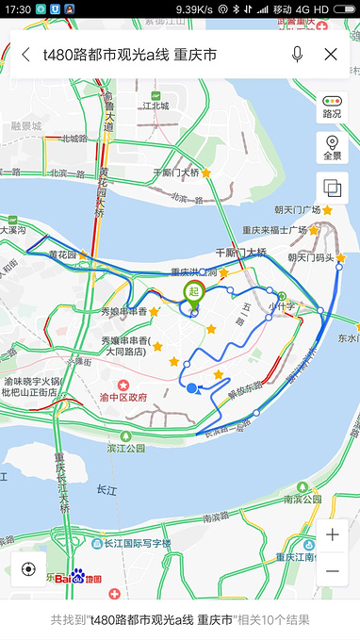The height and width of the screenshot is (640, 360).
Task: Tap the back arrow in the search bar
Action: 25,55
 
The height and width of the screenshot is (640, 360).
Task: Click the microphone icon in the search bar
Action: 298,55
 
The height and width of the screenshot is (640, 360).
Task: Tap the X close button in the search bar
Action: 331,55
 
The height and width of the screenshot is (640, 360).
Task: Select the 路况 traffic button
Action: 332,107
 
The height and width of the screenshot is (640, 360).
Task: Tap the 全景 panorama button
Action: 332,148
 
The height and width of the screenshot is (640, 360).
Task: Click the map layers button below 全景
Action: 332,188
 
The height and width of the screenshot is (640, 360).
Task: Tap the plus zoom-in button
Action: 332,535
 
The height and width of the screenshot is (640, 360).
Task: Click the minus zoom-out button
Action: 332,571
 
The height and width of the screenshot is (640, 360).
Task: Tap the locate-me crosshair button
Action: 28,568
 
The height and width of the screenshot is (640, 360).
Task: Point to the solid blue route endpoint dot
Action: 192,388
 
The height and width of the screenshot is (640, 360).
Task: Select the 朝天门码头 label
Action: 311,256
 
